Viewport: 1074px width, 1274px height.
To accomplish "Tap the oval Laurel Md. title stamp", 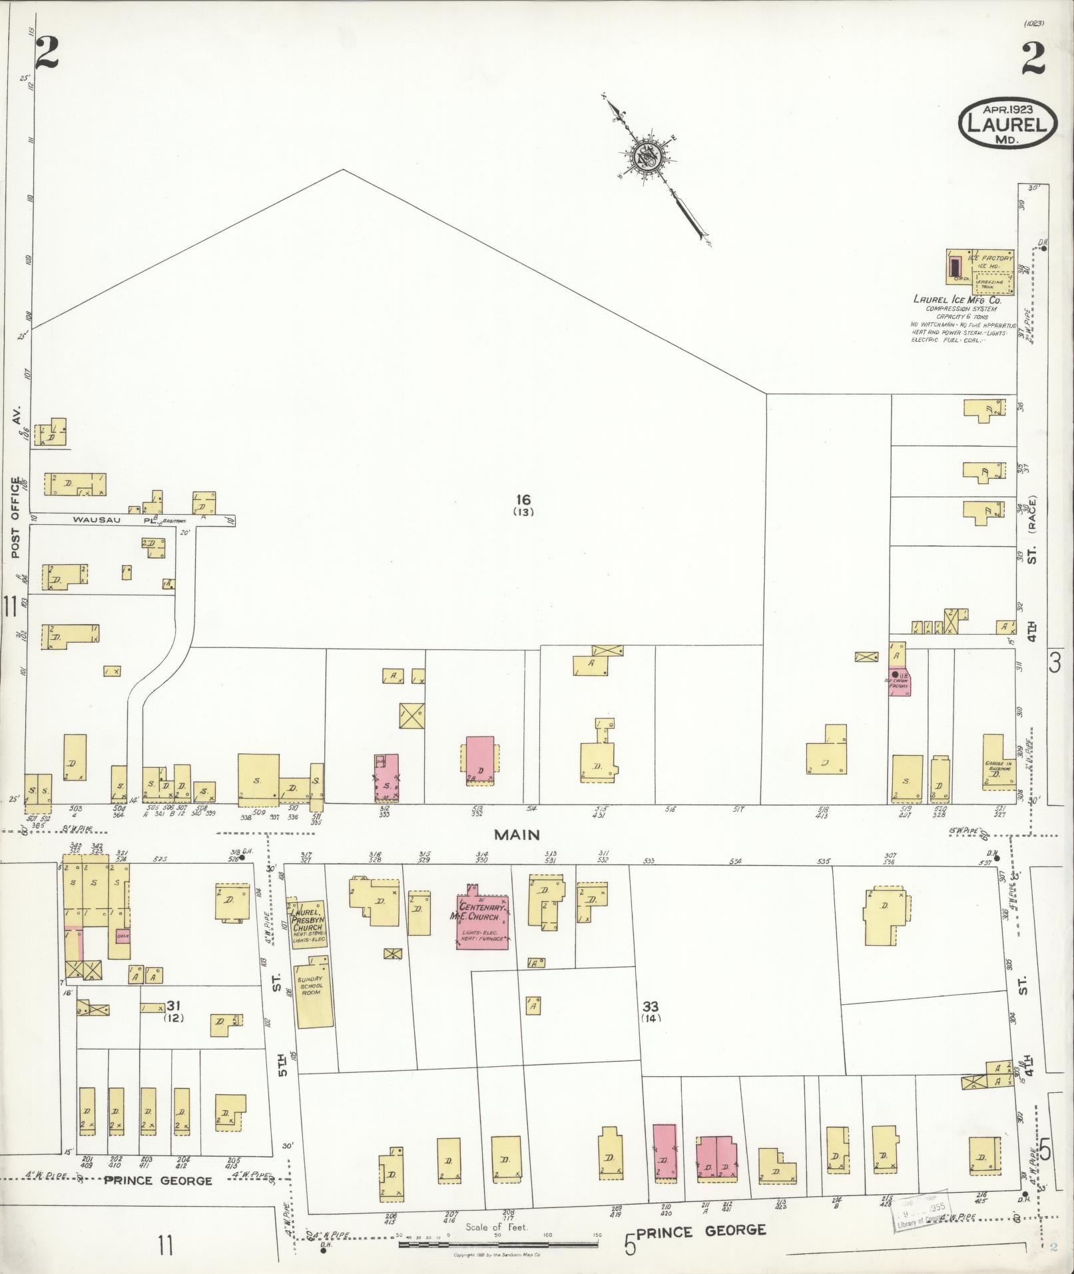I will click(x=1007, y=123).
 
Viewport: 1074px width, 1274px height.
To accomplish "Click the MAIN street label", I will click(x=516, y=834).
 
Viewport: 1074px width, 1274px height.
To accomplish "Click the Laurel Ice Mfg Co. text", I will click(x=957, y=300).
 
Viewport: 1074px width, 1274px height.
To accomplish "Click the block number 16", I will click(x=523, y=499).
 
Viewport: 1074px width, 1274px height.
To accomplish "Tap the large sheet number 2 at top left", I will click(x=48, y=53).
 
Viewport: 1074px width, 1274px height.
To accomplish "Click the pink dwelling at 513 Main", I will click(x=479, y=758).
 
